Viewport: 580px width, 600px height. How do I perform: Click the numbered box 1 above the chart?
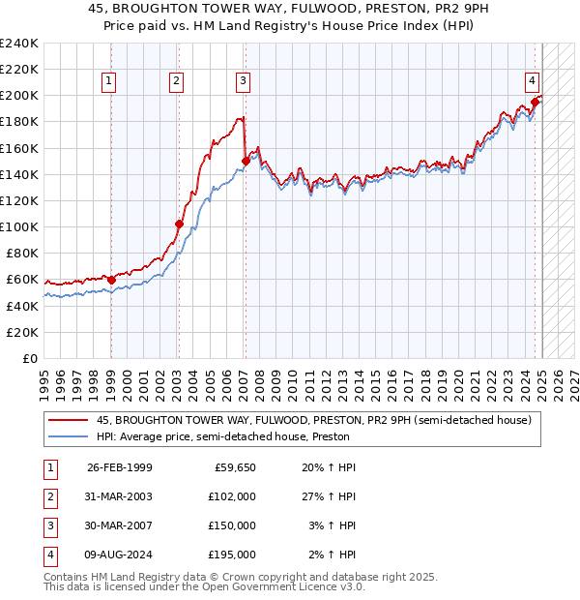click(x=110, y=82)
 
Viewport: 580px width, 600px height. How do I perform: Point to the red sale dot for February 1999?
click(x=111, y=281)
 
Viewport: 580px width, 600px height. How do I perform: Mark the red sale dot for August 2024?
click(x=535, y=102)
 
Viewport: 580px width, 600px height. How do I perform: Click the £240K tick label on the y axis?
click(x=19, y=44)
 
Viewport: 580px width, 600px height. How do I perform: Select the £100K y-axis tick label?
click(x=19, y=226)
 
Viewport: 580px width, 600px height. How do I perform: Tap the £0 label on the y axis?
click(x=30, y=358)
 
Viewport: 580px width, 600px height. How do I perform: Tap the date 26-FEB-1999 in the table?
click(x=120, y=467)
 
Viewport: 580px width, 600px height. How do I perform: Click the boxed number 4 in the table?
click(x=48, y=555)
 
